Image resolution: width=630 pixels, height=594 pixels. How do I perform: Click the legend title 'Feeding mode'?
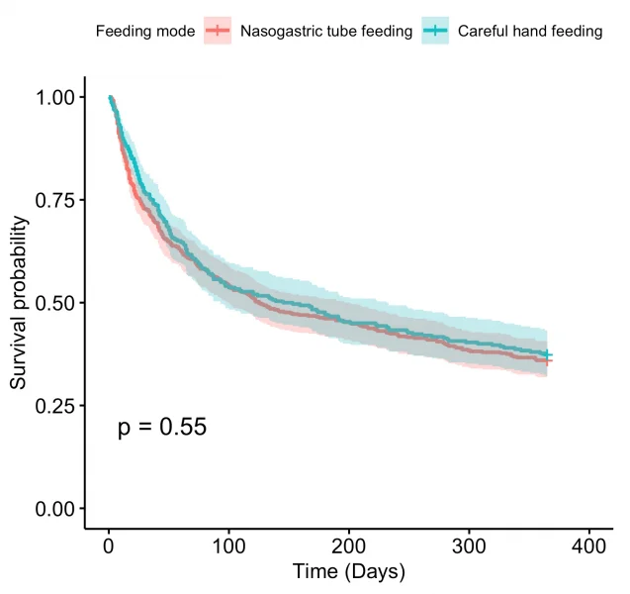point(145,32)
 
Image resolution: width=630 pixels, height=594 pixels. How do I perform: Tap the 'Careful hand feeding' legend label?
point(530,32)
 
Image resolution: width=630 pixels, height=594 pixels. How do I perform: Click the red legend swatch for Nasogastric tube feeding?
point(218,32)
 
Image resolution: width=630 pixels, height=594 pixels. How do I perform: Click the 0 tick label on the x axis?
point(109,546)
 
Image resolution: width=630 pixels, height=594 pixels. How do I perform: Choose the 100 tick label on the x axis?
point(228,546)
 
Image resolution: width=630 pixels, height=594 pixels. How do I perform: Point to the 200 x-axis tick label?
point(349,546)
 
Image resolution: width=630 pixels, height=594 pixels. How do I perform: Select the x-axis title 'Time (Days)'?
point(349,573)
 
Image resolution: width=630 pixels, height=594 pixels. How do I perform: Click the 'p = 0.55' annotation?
point(162,428)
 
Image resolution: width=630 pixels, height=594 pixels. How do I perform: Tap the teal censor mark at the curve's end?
point(547,354)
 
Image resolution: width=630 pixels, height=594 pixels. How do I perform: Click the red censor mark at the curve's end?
point(547,361)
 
